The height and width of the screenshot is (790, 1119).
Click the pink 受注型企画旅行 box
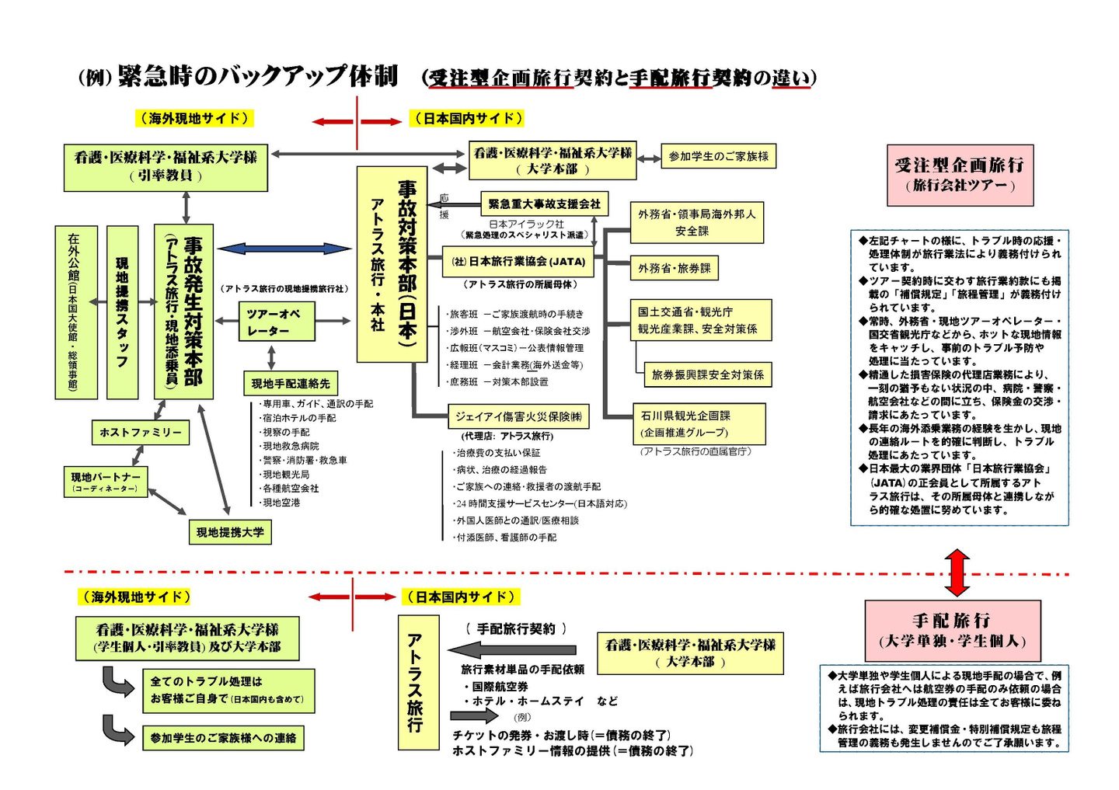tap(960, 175)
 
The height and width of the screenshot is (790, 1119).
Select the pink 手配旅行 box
tap(952, 631)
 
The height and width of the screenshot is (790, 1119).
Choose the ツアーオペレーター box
tap(277, 322)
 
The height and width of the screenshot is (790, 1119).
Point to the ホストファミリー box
tap(141, 432)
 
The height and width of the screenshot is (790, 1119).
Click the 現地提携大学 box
tap(230, 532)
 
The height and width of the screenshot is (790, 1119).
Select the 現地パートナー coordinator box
tap(105, 482)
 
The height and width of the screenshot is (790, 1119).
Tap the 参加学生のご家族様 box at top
tap(718, 156)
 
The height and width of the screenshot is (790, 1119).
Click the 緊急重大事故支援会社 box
tap(544, 204)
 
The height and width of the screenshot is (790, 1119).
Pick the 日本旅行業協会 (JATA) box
tap(518, 262)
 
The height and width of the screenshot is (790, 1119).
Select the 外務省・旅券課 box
tap(674, 268)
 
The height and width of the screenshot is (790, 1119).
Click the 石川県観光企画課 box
tap(699, 423)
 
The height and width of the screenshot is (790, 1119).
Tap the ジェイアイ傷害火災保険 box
tap(518, 416)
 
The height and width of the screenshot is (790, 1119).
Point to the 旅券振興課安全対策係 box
tap(707, 374)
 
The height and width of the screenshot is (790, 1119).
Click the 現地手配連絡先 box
tap(290, 384)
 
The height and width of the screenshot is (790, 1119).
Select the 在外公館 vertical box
tap(75, 312)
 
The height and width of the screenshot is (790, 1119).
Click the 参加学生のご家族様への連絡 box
tap(223, 738)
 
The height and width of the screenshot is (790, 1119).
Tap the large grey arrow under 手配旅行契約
tap(513, 649)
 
